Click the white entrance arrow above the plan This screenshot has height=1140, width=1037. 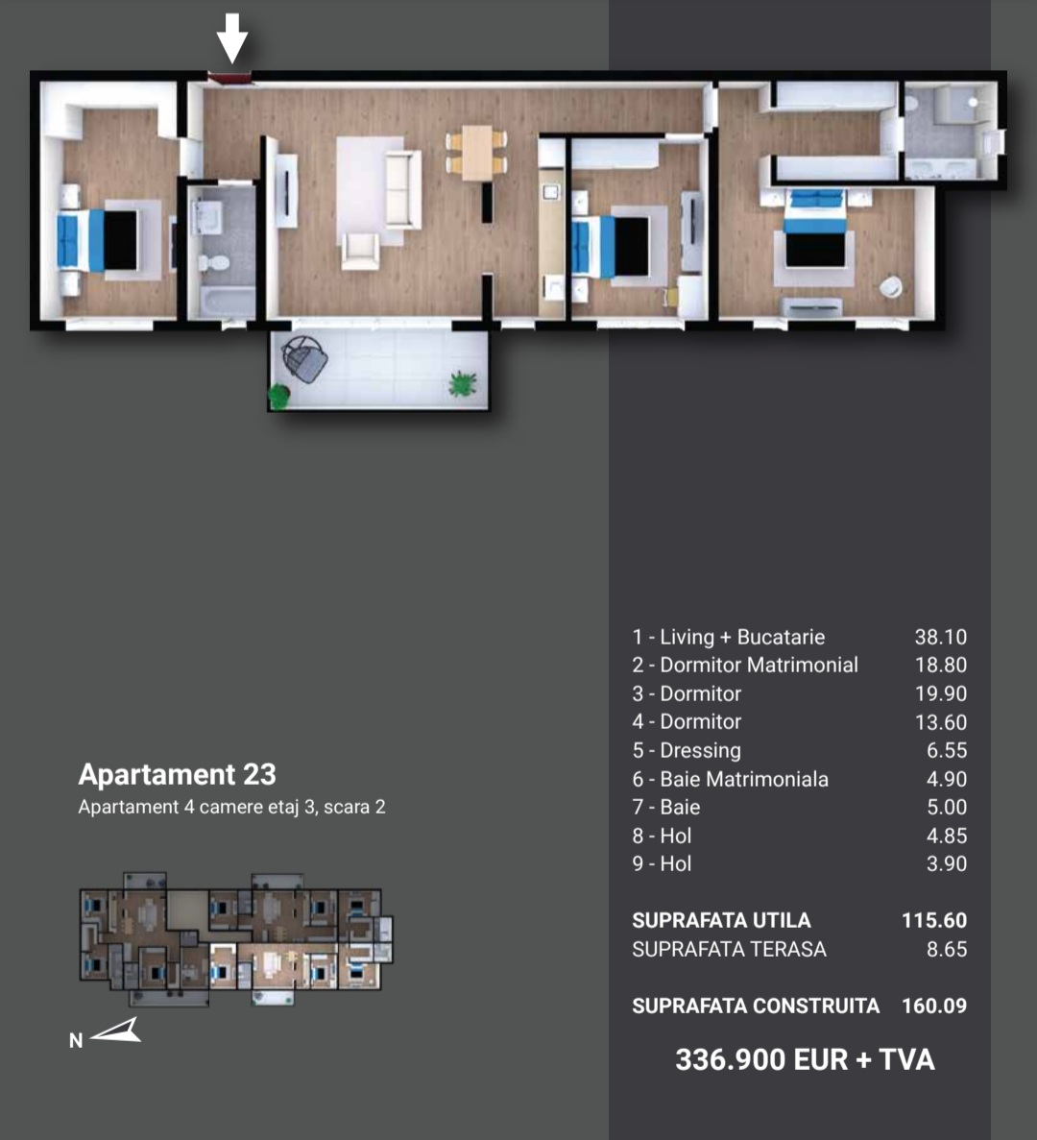(x=232, y=37)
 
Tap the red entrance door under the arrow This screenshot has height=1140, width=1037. (x=229, y=77)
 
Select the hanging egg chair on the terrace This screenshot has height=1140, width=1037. (x=303, y=358)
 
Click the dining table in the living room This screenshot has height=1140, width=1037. (x=476, y=152)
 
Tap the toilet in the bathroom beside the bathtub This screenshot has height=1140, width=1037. (x=214, y=263)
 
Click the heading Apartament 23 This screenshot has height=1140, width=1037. (x=178, y=774)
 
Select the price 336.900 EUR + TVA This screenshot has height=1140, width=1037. (x=805, y=1059)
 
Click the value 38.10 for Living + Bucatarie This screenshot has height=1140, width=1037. (x=940, y=637)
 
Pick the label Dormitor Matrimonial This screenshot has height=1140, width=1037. (x=759, y=665)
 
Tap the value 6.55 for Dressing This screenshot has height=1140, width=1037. (x=946, y=750)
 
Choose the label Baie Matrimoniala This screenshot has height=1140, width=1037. (x=744, y=780)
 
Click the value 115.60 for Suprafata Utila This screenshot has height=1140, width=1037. (x=934, y=920)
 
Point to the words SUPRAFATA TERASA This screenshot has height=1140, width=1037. (x=729, y=950)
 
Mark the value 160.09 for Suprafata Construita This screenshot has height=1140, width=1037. (x=934, y=1007)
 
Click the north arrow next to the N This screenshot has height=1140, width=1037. (x=116, y=1031)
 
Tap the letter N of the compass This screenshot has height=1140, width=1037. (x=76, y=1040)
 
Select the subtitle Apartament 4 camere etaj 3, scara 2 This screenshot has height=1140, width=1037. (x=231, y=807)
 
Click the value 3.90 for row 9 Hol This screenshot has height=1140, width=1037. (x=946, y=863)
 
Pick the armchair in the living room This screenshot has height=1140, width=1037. (x=360, y=251)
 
